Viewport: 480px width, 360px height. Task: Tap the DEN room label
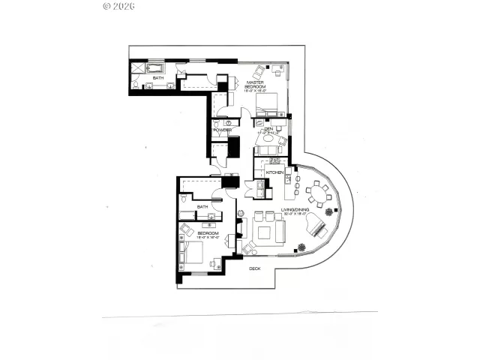[x=267, y=128]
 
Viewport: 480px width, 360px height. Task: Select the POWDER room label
[x=222, y=130]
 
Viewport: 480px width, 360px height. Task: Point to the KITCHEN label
[x=274, y=172]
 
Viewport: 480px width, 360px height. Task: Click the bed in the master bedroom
[x=268, y=103]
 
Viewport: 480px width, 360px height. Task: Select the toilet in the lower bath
[x=184, y=200]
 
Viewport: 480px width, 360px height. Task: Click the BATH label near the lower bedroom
[x=202, y=207]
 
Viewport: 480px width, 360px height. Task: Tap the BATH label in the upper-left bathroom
[x=158, y=77]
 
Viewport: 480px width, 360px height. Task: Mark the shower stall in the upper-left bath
[x=139, y=67]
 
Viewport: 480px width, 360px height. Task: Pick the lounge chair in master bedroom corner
[x=259, y=72]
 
